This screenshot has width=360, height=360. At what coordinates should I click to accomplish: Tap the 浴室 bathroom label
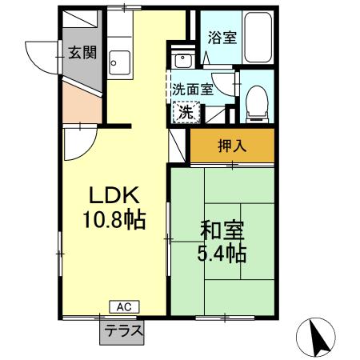(x=222, y=37)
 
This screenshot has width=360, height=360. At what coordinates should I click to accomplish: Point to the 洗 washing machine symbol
(x=185, y=112)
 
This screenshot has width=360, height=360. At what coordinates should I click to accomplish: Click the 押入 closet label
(x=232, y=146)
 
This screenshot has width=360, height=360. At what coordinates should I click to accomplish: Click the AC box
(x=123, y=306)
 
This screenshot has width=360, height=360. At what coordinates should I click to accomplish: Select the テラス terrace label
(x=123, y=330)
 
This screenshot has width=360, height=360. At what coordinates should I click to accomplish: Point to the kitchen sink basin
(x=120, y=61)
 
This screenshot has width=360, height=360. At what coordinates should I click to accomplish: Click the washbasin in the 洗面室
(x=180, y=60)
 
